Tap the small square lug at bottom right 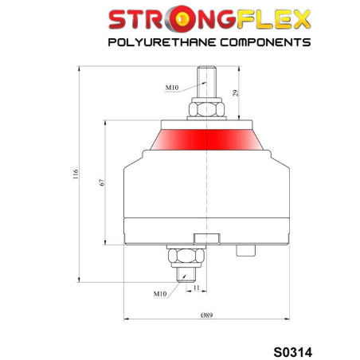tap(245, 249)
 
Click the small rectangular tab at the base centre tap(205, 237)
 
